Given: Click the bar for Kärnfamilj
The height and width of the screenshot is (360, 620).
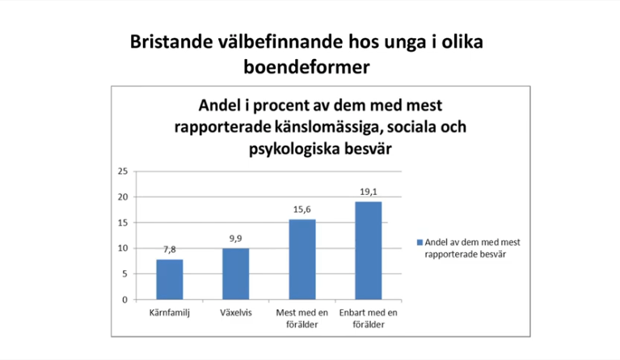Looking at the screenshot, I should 170,280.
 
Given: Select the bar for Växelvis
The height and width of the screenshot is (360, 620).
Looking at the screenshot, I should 236,274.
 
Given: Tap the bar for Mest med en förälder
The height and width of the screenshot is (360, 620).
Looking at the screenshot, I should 302,260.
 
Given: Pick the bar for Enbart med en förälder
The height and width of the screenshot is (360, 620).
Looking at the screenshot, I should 369,251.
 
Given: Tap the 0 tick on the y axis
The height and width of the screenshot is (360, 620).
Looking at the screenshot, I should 124,299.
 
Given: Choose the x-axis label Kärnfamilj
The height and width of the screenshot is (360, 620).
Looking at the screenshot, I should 170,312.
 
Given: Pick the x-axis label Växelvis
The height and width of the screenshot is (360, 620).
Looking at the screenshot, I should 236,312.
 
